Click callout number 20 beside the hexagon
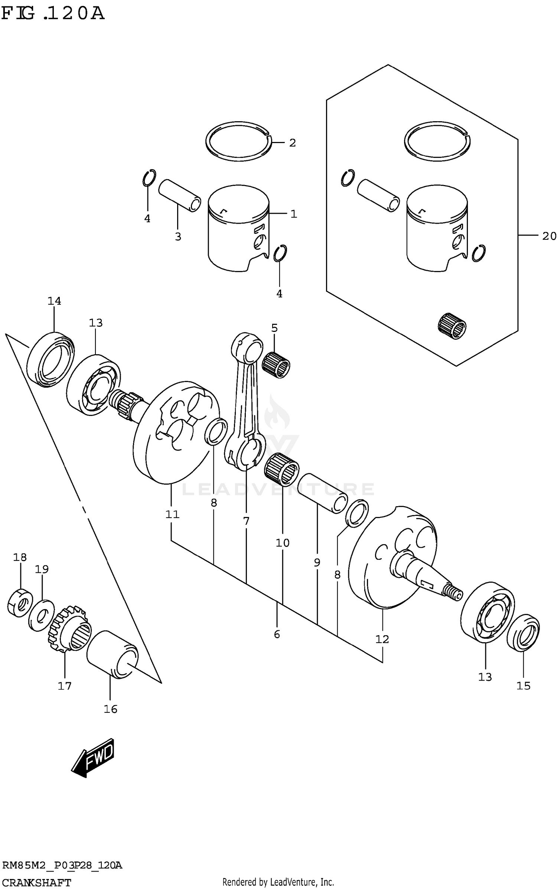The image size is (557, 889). pos(549,236)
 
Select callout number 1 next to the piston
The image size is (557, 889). pos(294,214)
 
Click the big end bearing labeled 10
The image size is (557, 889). pos(282,470)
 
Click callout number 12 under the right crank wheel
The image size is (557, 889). pos(382,639)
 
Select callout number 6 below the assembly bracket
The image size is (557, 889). pos(277,634)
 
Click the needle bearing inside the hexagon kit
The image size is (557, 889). pos(452,326)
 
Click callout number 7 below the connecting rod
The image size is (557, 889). pos(246,521)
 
